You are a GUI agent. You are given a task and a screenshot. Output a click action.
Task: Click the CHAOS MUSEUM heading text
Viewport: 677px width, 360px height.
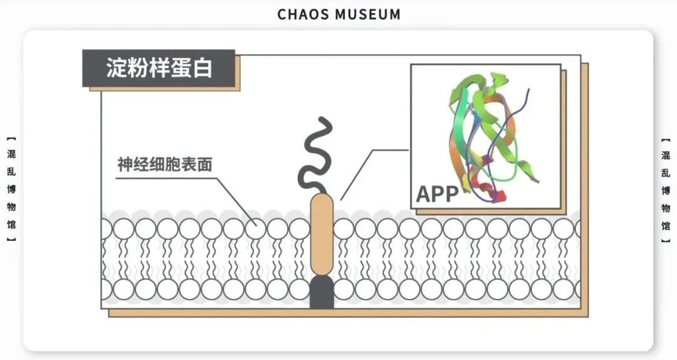338,14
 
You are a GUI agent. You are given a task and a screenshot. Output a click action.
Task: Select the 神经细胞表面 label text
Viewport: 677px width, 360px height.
165,165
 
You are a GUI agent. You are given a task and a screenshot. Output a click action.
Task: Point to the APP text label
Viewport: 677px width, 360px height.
438,194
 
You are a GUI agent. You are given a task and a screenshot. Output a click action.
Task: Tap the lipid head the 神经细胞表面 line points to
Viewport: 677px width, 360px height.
256,228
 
